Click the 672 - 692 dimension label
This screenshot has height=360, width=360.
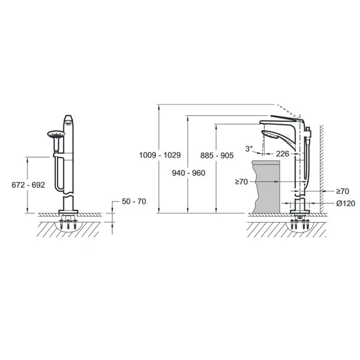[28, 185]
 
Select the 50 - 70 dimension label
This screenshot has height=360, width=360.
[134, 202]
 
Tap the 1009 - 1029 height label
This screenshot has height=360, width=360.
[160, 155]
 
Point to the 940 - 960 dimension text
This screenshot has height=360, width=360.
[188, 173]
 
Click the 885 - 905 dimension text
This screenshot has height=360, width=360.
[217, 155]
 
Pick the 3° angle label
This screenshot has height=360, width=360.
[249, 149]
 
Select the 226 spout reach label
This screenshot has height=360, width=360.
[282, 154]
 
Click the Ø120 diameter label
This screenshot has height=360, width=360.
[346, 203]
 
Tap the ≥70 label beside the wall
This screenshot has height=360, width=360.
[343, 191]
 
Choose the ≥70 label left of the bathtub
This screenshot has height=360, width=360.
[242, 182]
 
